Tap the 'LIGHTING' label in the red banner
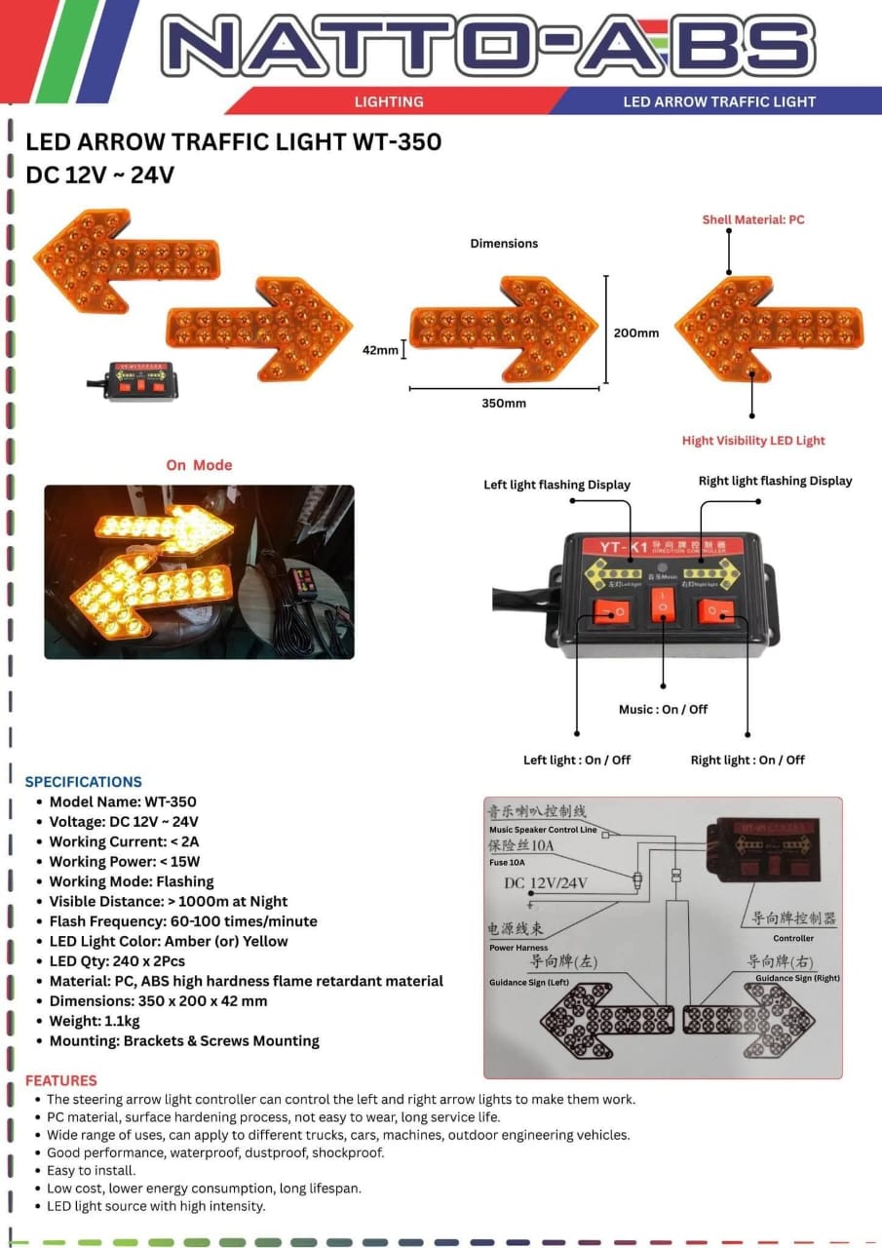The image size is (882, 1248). (x=389, y=101)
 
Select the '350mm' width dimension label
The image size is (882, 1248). (x=504, y=403)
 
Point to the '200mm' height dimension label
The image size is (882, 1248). (x=635, y=333)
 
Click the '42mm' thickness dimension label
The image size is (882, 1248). (x=380, y=349)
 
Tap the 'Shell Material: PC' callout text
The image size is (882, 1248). (x=753, y=220)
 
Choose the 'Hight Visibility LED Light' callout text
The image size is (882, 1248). (x=753, y=441)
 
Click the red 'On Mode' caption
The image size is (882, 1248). (x=199, y=465)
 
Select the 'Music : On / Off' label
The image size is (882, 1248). (x=663, y=709)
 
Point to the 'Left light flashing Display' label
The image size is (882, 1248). (x=556, y=485)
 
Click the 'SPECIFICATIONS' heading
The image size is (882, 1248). (x=83, y=782)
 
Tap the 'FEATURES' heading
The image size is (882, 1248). (x=61, y=1080)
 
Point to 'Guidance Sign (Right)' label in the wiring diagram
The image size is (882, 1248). (x=797, y=978)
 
